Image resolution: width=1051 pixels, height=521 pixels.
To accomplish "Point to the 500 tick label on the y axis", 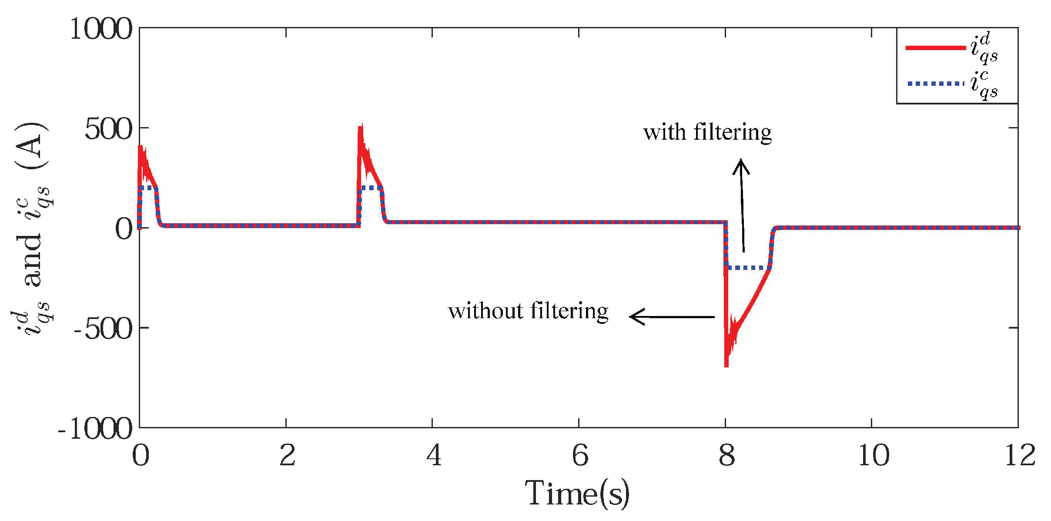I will pos(108,129).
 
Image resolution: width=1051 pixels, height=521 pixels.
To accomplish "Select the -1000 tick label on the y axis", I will pos(95,429).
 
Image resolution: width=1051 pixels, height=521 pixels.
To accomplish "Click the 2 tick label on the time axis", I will pos(287,455).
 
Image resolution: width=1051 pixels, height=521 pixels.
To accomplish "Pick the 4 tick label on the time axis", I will pos(433,455).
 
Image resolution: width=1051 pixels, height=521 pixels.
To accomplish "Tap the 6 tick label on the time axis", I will pos(579,455).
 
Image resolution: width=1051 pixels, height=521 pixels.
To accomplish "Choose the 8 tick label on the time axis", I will pos(726,455).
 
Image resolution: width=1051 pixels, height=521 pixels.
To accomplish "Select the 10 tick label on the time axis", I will pos(873,455).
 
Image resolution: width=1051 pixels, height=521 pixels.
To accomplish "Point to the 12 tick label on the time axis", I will pos(1019,455).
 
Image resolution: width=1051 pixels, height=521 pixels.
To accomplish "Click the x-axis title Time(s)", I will pos(577,494).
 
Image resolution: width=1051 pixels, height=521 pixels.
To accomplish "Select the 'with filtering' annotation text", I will pos(707,132).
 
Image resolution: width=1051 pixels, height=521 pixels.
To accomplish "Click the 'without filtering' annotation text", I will pos(528,311).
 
